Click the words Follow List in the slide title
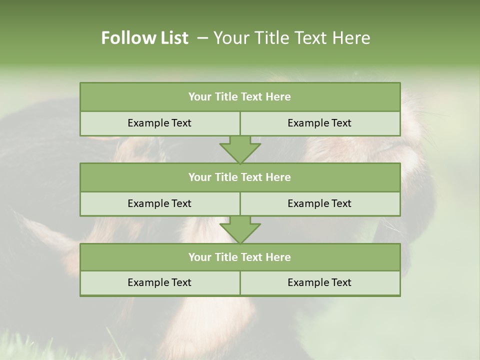tap(144, 38)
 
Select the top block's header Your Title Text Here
tap(239, 97)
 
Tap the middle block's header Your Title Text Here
tap(239, 177)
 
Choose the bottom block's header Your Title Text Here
tap(239, 257)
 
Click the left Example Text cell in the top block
tap(159, 123)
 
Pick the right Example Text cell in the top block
tap(319, 123)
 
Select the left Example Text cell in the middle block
tap(159, 203)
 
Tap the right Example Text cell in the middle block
tap(319, 203)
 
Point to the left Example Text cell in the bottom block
tap(159, 282)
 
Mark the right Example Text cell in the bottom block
tap(319, 282)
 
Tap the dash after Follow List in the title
tap(202, 38)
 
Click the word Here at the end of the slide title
tap(353, 38)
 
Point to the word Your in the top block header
tap(200, 97)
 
